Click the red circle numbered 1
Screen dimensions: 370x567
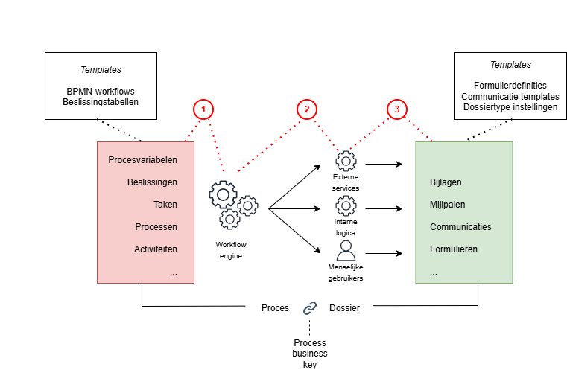203,109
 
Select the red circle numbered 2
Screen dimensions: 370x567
306,109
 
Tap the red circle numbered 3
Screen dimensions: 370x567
397,109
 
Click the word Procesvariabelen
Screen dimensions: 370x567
142,160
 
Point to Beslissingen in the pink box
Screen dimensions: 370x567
152,182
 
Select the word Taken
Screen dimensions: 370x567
165,205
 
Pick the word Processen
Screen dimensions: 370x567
156,227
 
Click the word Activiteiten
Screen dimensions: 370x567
155,249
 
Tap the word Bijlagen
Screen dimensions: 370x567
447,182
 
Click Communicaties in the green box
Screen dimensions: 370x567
460,227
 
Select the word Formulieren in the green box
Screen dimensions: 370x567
454,249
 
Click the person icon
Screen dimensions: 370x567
346,251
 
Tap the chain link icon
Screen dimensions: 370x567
310,307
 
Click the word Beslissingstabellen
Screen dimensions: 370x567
101,103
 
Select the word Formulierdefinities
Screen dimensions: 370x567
510,86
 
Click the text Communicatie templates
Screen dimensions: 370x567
510,97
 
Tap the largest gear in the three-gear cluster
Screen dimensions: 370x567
223,194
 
